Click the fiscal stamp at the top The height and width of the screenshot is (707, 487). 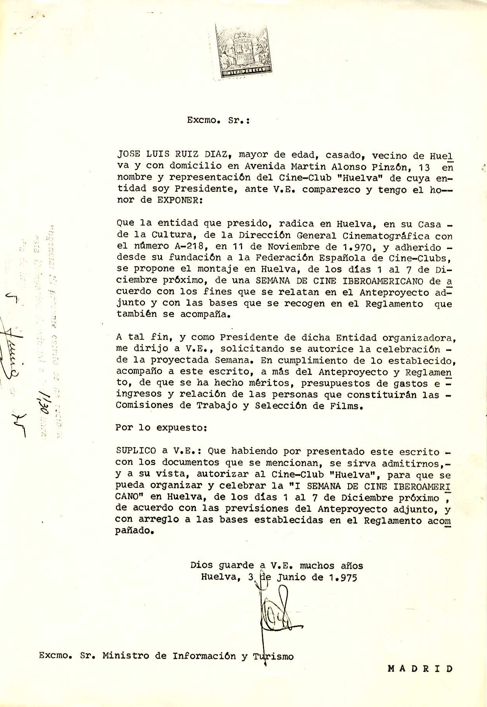244,51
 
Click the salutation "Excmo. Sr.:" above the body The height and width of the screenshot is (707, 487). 218,120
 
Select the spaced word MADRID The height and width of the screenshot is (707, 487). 420,668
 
